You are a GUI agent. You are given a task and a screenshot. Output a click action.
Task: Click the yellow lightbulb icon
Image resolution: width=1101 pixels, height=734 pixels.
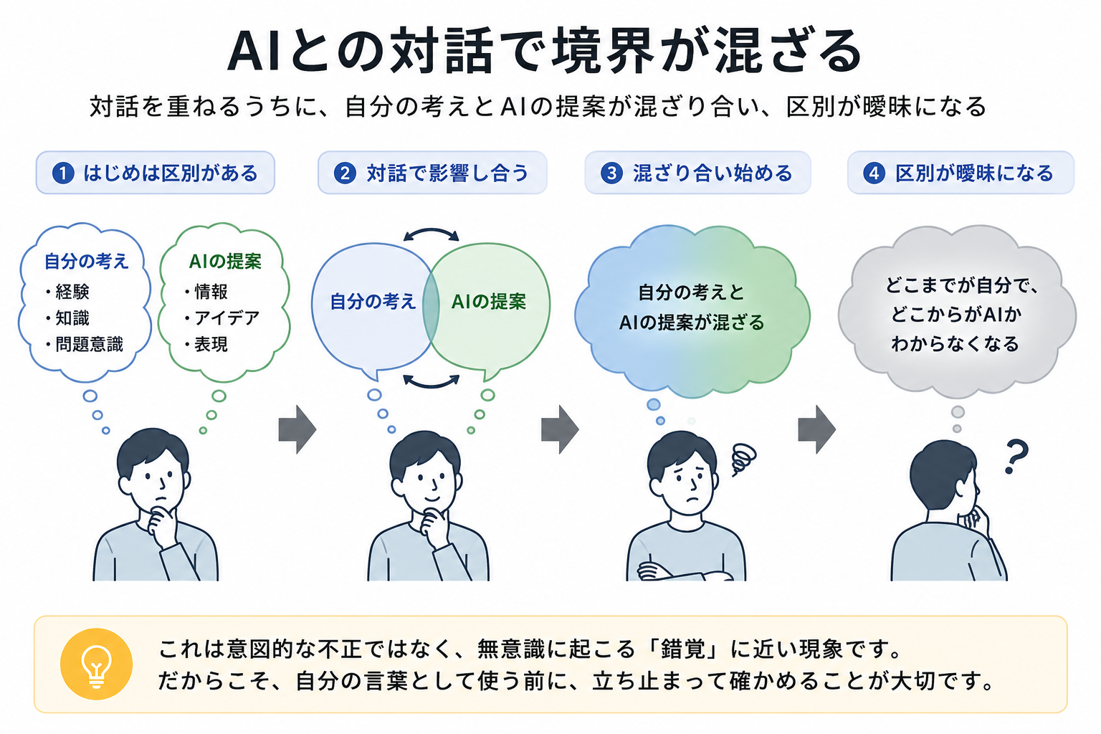pos(96,664)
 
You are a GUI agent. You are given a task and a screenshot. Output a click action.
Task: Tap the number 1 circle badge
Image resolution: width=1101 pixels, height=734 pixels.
pos(63,173)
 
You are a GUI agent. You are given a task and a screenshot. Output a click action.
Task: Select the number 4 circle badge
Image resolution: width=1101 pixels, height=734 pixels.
pos(874,173)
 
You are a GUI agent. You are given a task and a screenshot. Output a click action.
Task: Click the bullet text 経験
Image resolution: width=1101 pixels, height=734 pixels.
pos(72,292)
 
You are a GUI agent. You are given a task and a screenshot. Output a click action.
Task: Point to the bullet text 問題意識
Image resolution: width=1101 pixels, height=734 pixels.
pos(89,344)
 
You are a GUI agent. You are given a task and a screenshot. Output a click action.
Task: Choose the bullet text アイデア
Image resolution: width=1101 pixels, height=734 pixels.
pos(227,318)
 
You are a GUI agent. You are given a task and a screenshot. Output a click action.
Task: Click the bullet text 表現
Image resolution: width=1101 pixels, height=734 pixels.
pos(211,344)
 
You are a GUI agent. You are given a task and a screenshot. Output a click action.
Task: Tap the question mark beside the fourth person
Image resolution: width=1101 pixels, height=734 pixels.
pos(1016,456)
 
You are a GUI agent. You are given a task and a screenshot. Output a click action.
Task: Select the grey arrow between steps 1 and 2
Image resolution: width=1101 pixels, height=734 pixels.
pos(297,429)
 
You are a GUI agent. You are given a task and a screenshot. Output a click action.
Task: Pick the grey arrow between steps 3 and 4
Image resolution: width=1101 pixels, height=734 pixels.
pos(816,429)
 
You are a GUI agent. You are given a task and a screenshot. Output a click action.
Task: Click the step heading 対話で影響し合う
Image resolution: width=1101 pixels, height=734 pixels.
pos(447,173)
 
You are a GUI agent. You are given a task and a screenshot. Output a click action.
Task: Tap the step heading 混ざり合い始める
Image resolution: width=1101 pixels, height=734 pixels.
pos(712,173)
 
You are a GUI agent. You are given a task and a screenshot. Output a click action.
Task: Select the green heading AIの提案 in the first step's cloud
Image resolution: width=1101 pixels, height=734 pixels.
pos(226,261)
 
